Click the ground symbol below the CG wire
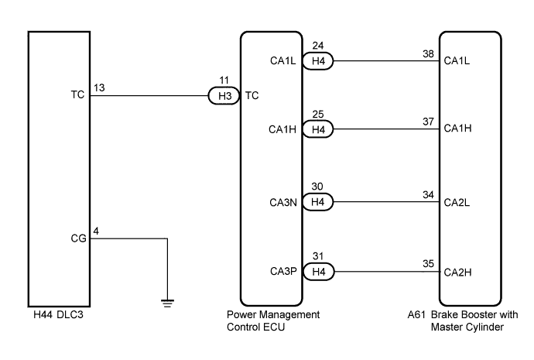point(168,303)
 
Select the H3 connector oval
point(224,96)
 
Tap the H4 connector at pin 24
point(318,61)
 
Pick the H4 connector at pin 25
point(318,129)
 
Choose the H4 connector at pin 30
point(318,202)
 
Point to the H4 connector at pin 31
point(318,272)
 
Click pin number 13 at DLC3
point(99,88)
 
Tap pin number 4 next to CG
point(96,231)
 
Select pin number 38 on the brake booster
point(429,54)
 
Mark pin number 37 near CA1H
point(429,122)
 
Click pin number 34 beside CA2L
point(429,195)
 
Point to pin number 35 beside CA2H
point(429,264)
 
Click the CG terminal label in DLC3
point(78,238)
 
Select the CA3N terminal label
point(283,203)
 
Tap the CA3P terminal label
point(283,271)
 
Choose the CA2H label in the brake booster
point(457,272)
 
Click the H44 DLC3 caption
point(58,314)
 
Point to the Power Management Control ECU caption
point(273,321)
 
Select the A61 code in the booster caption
point(416,314)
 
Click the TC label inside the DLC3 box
point(77,94)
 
